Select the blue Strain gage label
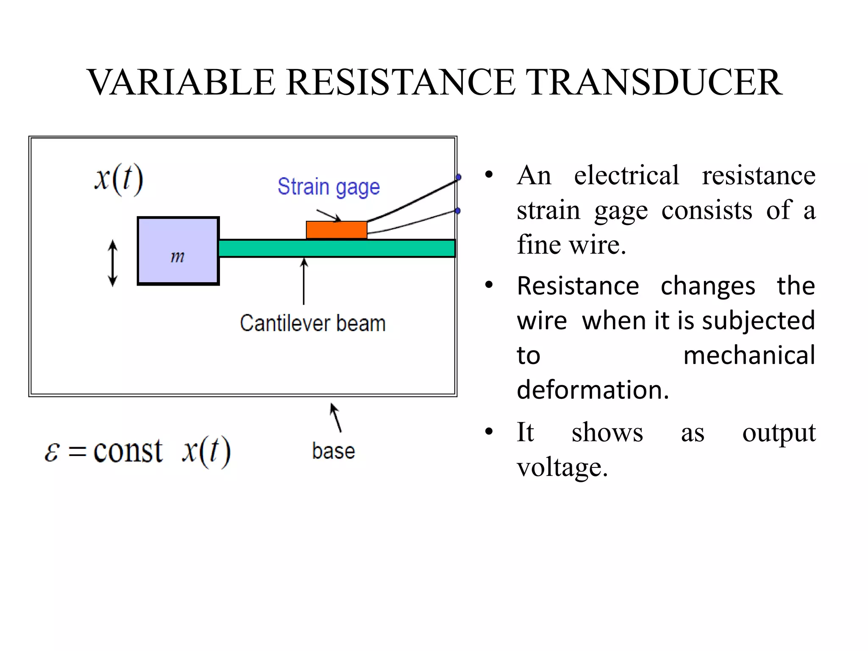[x=328, y=187]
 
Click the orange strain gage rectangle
[x=337, y=230]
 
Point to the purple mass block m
[x=178, y=251]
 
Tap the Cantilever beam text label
[x=313, y=323]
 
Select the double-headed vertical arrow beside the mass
[x=113, y=263]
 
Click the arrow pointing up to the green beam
[x=303, y=281]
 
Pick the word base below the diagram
[x=333, y=451]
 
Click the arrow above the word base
[x=336, y=417]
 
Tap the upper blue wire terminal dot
[x=458, y=177]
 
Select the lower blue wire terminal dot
[x=458, y=211]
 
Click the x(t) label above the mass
[x=119, y=179]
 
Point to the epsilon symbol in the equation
[x=52, y=452]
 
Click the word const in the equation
[x=128, y=451]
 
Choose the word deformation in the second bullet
[x=593, y=390]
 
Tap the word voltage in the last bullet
[x=562, y=468]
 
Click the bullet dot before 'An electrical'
[x=489, y=175]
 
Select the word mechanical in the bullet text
[x=749, y=355]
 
